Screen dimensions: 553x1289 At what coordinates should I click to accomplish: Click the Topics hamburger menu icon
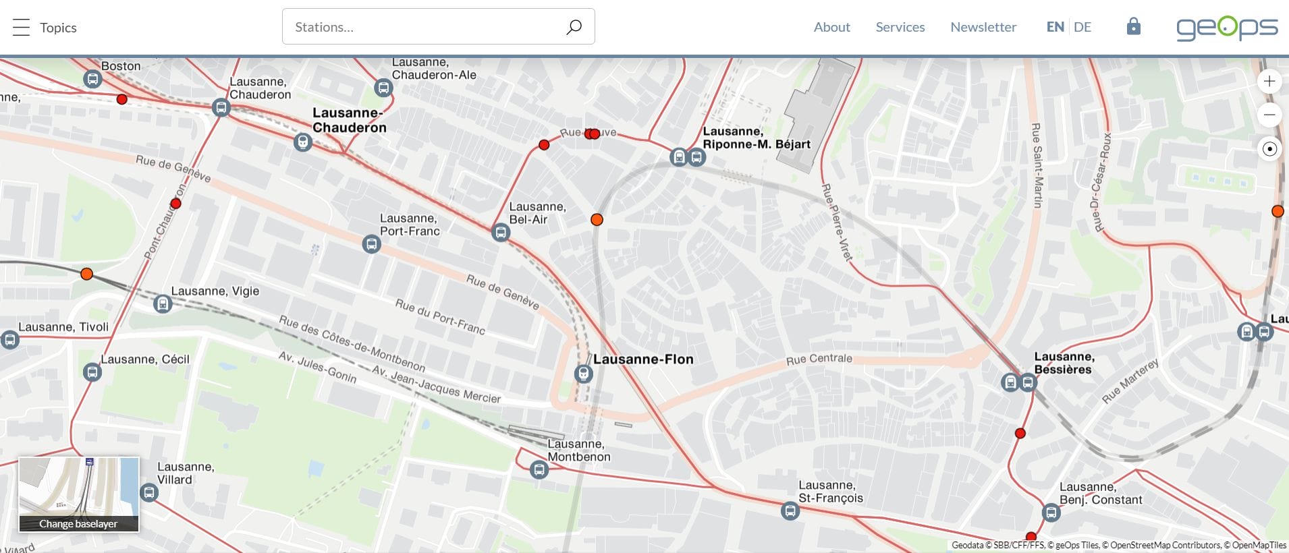pos(22,28)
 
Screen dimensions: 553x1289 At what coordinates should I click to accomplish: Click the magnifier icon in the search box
pos(574,27)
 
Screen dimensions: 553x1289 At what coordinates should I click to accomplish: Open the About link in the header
pos(831,27)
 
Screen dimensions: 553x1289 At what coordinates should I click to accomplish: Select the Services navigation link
pos(900,27)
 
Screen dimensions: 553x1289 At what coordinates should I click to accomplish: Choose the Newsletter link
pos(983,27)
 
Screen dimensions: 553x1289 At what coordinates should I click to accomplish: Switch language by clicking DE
pos(1082,27)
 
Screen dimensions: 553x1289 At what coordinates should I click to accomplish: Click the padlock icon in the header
pos(1133,26)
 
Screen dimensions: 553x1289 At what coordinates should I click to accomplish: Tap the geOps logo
pos(1226,28)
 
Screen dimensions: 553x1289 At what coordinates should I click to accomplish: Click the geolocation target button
pos(1269,149)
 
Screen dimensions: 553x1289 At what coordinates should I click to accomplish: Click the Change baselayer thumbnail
pos(79,494)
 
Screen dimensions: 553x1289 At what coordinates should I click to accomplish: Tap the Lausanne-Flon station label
pos(643,359)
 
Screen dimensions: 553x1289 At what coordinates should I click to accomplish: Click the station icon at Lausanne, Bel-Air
pos(500,233)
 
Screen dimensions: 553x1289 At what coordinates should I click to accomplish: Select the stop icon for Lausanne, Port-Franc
pos(371,244)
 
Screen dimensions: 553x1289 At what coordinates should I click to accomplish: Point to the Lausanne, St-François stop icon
pos(790,511)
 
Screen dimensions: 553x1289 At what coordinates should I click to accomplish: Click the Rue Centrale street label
pos(819,359)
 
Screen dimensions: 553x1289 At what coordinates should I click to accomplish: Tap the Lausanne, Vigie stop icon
pos(163,304)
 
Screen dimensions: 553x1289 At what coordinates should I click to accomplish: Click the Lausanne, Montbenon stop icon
pos(539,469)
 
